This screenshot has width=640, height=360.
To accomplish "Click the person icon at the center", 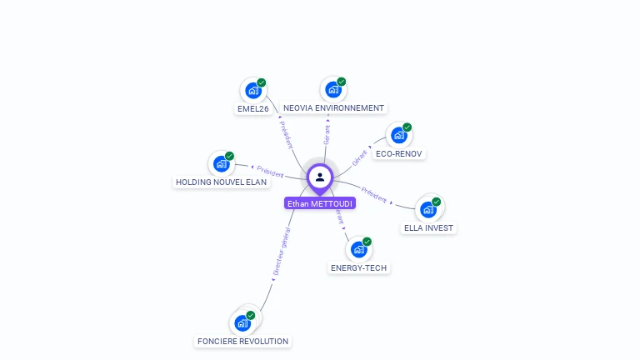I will (x=320, y=177).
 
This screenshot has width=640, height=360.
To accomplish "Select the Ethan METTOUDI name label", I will (x=320, y=203).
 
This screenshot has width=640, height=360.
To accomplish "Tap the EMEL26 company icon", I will (x=252, y=91).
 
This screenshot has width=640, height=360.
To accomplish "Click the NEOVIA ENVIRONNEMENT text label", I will (x=333, y=108).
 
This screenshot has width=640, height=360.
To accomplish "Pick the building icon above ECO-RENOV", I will (x=398, y=136).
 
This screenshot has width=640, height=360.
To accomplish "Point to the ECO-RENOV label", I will (x=399, y=154).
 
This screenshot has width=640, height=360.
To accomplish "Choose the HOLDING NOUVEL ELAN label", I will (x=221, y=182).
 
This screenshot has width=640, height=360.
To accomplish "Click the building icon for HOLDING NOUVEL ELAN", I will (x=221, y=163).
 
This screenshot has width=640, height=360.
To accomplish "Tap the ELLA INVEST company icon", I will (x=428, y=209).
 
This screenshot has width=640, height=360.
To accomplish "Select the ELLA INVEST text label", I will (x=429, y=227).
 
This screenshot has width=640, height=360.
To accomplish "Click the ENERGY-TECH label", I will (x=358, y=267).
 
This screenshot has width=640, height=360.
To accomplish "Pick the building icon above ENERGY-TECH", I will (x=358, y=249).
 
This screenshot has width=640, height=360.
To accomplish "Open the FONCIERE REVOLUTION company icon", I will (x=242, y=322).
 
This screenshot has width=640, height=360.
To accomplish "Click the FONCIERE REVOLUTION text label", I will (x=242, y=341).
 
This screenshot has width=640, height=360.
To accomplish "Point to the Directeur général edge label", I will (x=281, y=251).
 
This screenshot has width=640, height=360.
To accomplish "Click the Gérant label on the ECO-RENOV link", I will (x=360, y=157).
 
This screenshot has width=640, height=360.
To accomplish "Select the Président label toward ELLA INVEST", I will (x=373, y=197).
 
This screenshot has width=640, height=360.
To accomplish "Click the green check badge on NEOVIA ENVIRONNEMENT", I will (x=342, y=82).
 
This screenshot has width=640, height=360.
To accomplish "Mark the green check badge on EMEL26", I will (x=262, y=82).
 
